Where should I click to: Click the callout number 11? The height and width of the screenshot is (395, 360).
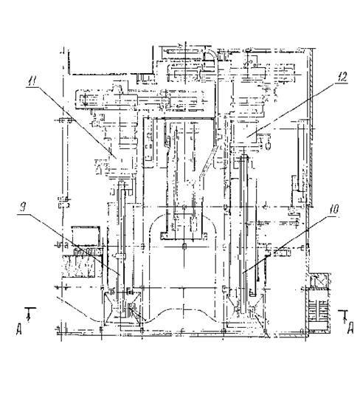(x=32, y=81)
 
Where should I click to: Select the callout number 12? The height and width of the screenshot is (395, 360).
(x=342, y=77)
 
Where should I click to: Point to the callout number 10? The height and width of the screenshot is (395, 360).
(x=334, y=210)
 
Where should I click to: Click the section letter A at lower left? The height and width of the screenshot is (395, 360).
(x=19, y=330)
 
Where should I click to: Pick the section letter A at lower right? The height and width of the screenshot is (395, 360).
(x=350, y=329)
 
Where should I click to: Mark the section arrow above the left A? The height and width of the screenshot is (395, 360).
(x=30, y=314)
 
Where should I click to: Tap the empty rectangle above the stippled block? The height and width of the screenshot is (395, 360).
(x=85, y=236)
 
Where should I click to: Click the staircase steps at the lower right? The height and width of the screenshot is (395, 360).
(x=319, y=311)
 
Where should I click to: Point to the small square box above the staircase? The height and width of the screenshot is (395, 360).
(x=319, y=281)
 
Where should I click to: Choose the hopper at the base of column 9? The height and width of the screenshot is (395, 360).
(x=122, y=307)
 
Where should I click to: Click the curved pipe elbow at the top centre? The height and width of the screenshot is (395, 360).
(x=211, y=56)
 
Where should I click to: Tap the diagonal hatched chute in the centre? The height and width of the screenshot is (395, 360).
(x=208, y=162)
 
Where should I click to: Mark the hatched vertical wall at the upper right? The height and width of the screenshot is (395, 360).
(x=311, y=126)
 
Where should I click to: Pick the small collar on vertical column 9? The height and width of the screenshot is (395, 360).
(x=120, y=256)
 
